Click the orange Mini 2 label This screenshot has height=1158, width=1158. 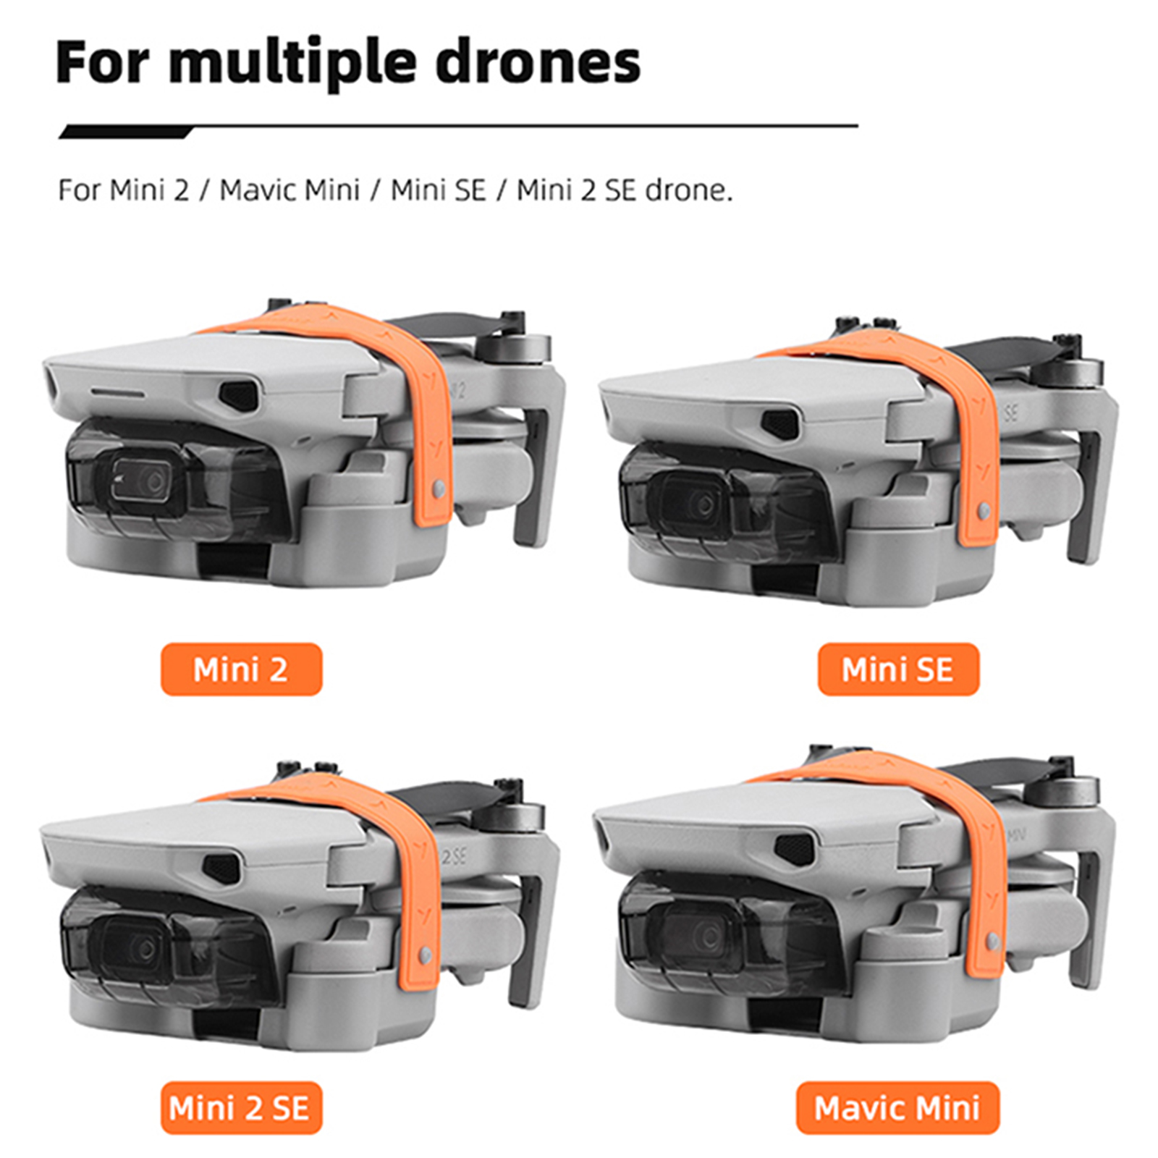(241, 669)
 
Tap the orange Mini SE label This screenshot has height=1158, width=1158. (898, 669)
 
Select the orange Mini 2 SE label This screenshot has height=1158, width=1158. (241, 1108)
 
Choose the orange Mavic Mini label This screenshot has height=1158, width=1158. (897, 1108)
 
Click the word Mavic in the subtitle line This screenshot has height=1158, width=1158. (258, 190)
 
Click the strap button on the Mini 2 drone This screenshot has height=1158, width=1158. (437, 491)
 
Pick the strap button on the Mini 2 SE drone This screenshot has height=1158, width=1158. (425, 957)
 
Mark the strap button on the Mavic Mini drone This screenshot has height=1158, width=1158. (993, 942)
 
